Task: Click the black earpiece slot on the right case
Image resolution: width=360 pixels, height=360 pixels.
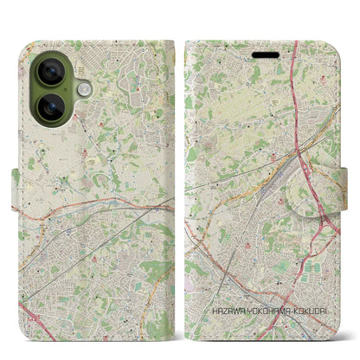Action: (265, 51)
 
